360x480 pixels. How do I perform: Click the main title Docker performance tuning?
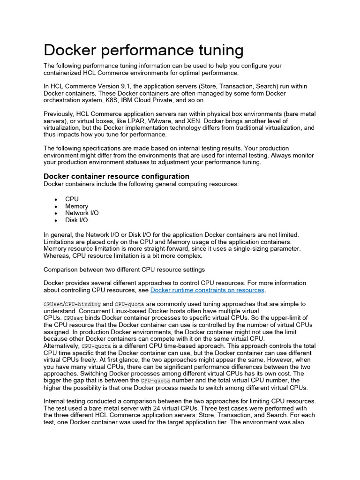[x=143, y=50]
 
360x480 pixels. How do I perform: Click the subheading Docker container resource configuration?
[x=116, y=176]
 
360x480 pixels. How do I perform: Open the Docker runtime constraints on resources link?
[x=208, y=290]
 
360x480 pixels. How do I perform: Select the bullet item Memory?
[x=76, y=206]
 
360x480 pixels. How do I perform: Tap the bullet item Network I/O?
[x=82, y=213]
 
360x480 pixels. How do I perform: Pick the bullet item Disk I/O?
[x=76, y=220]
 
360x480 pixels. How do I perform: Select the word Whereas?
[x=58, y=255]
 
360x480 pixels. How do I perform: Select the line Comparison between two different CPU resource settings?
[x=124, y=270]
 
